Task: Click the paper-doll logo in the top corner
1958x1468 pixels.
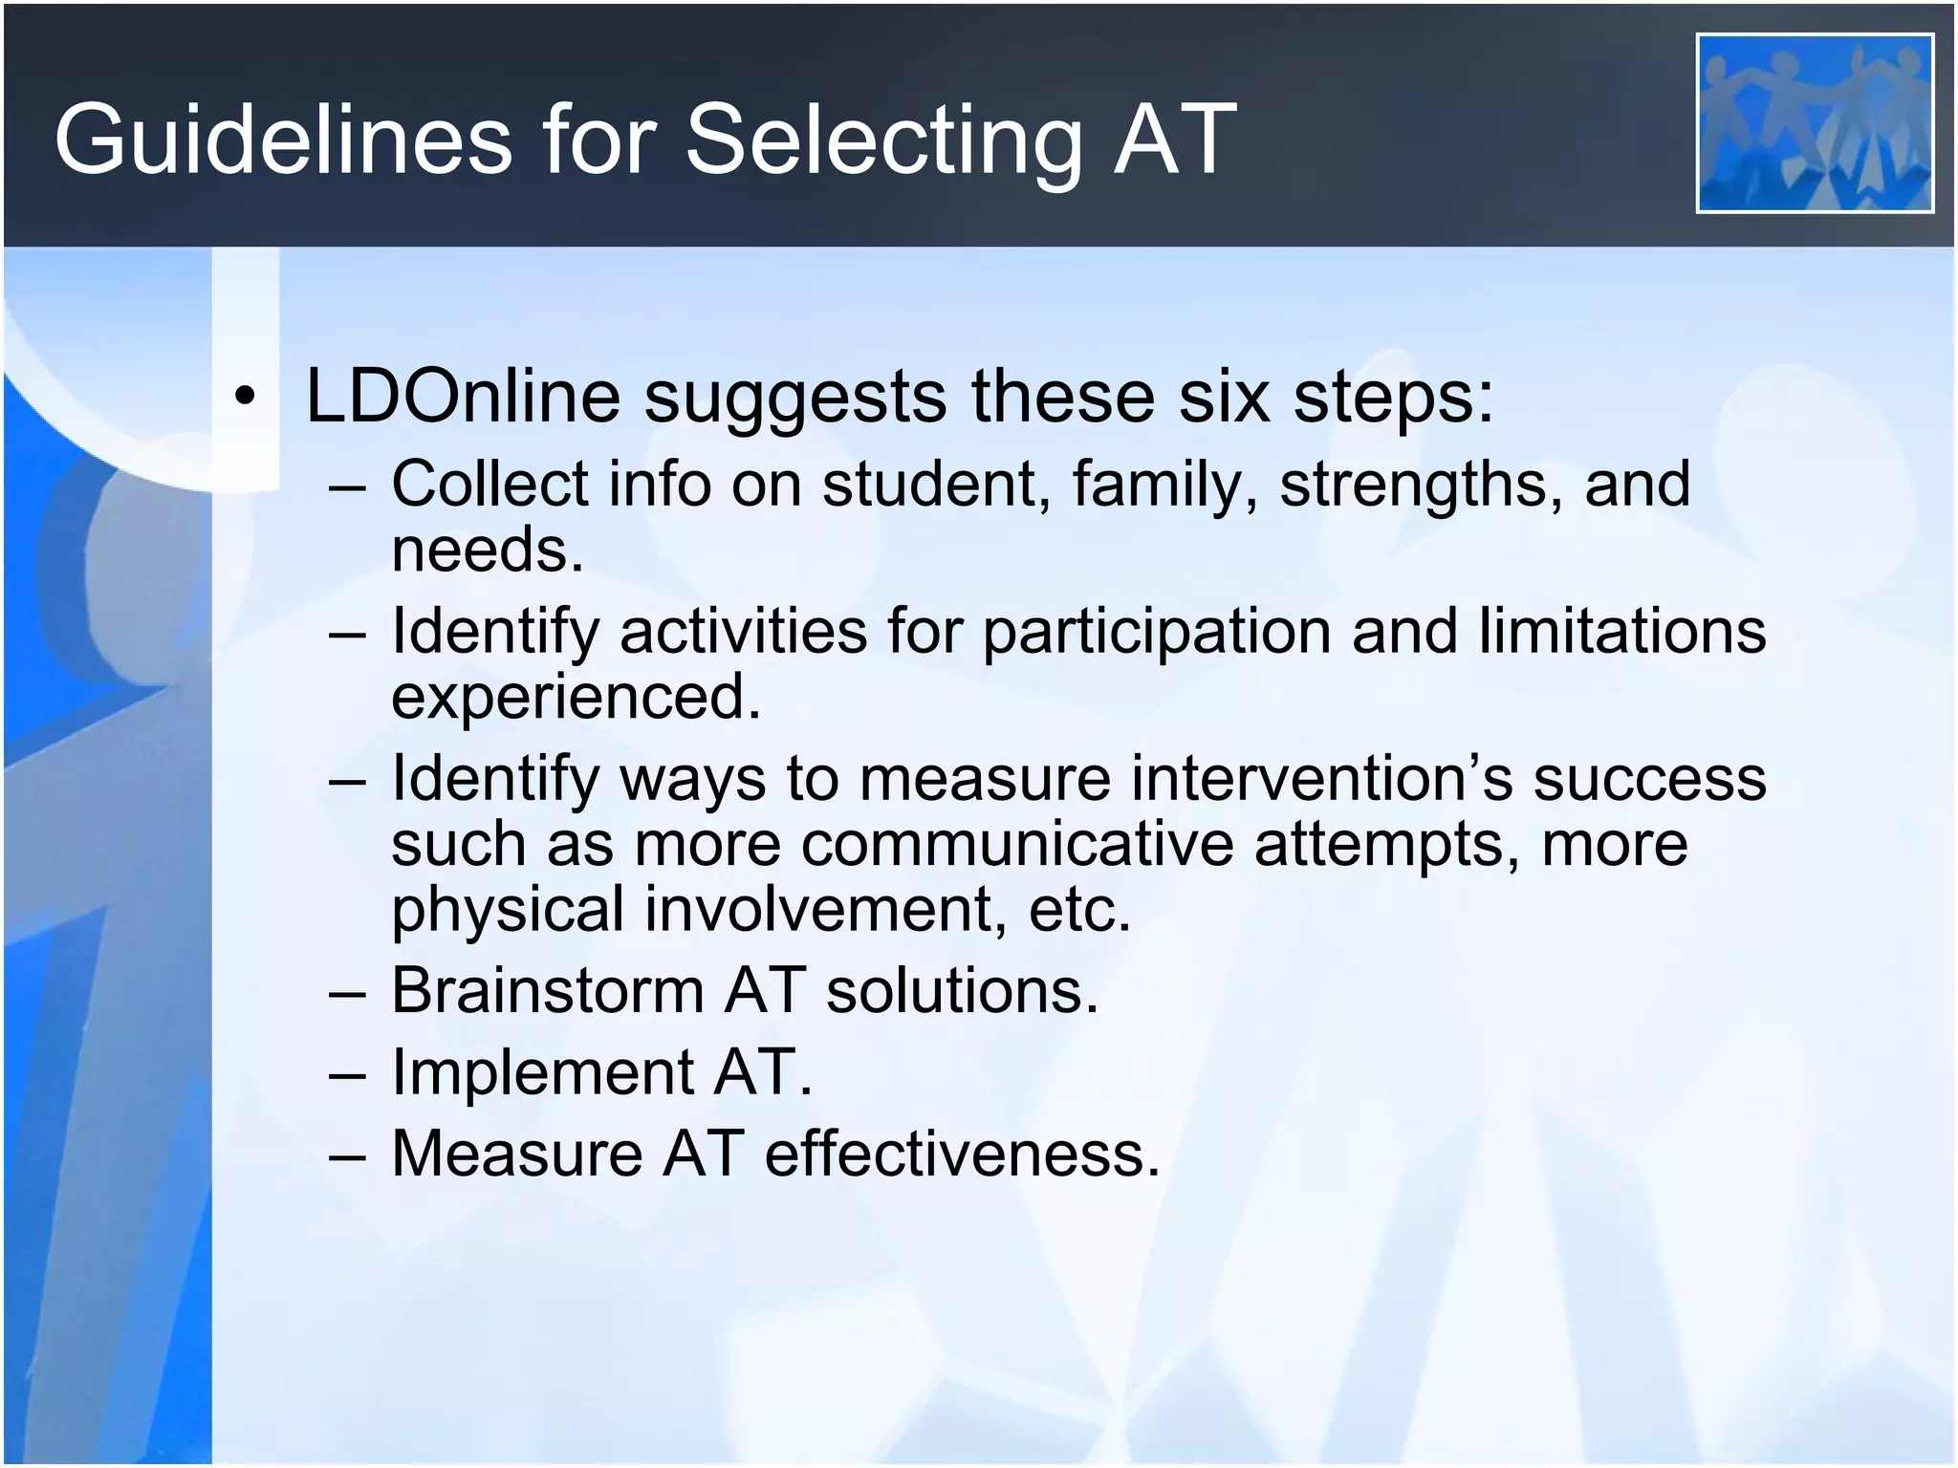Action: pyautogui.click(x=1815, y=122)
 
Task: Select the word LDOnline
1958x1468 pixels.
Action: pyautogui.click(x=463, y=396)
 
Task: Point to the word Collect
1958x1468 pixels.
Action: pyautogui.click(x=489, y=484)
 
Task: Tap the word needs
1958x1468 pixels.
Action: pyautogui.click(x=487, y=551)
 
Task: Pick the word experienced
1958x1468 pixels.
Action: pyautogui.click(x=576, y=698)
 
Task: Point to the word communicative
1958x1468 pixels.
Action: pyautogui.click(x=1017, y=845)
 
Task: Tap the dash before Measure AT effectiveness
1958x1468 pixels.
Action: pyautogui.click(x=346, y=1155)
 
